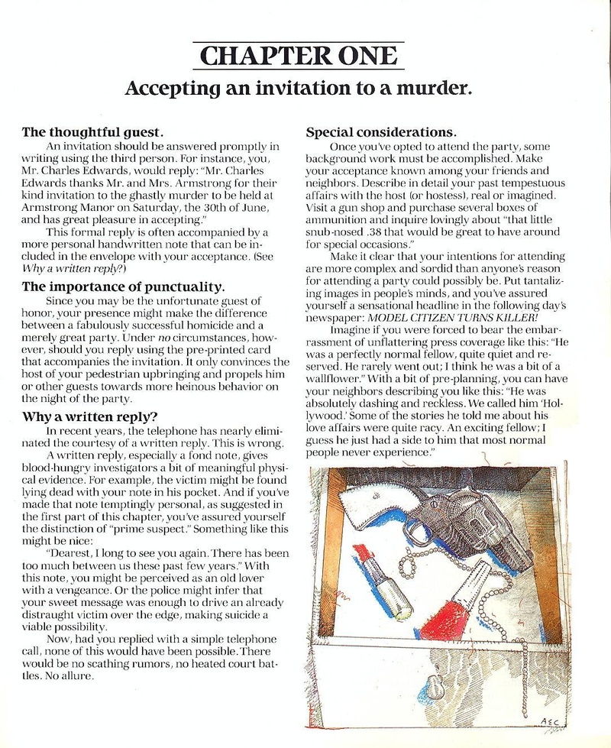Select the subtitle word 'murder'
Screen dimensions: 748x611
(x=433, y=87)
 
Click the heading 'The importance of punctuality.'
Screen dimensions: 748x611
(x=123, y=287)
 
